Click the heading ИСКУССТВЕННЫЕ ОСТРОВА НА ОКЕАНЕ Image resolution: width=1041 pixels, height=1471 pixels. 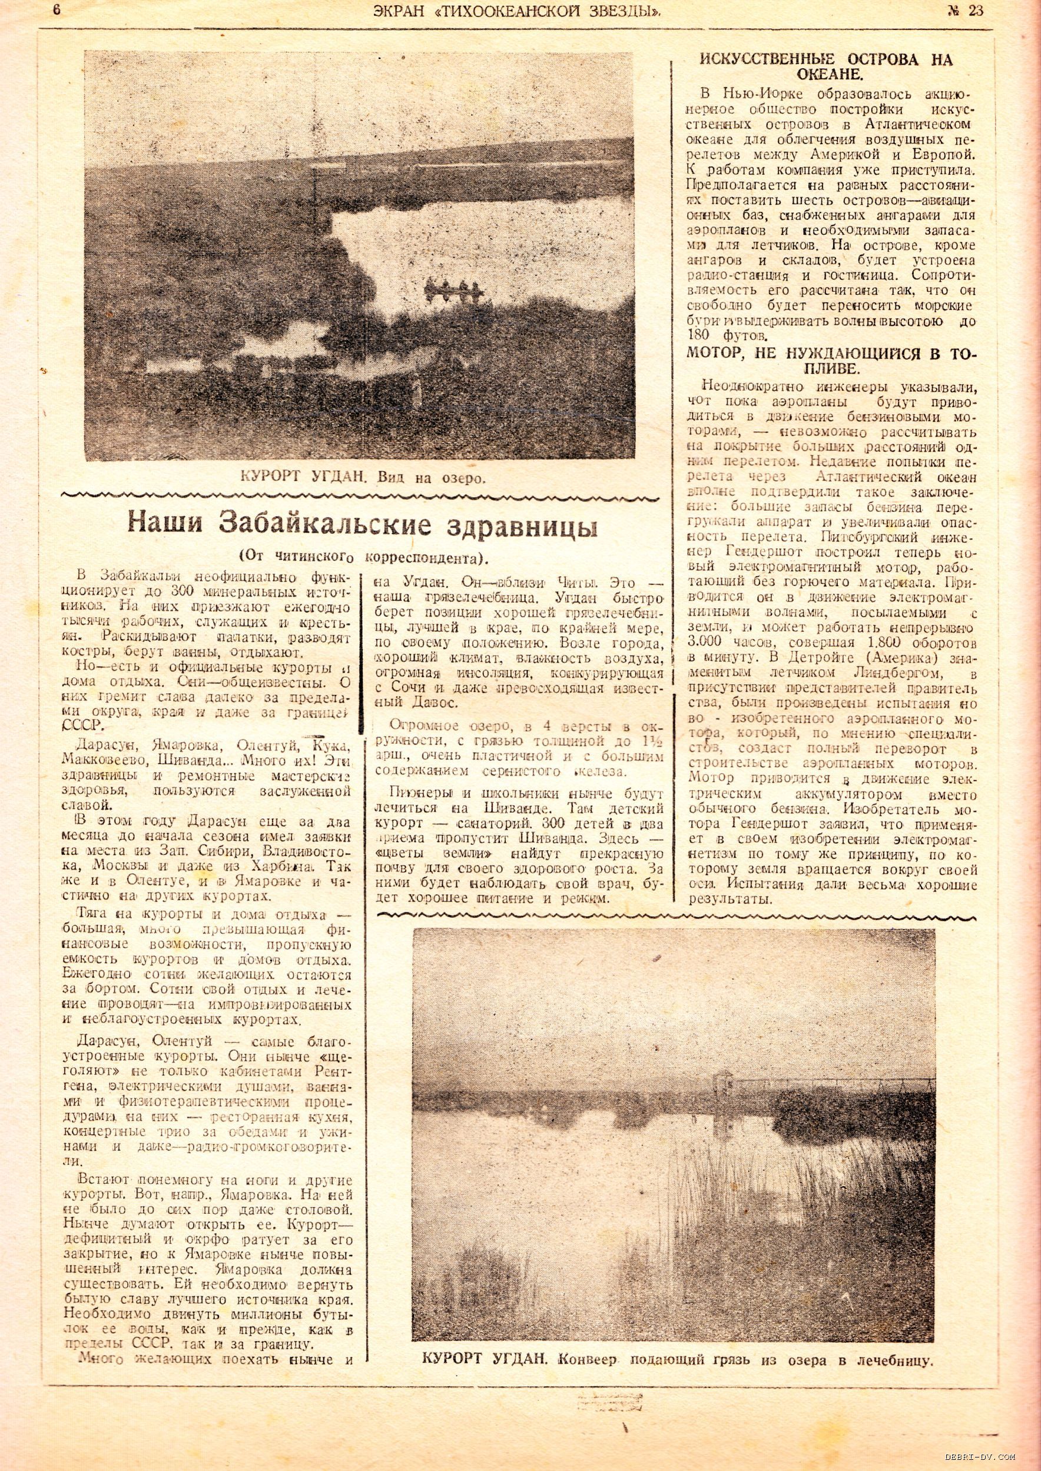(x=825, y=66)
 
